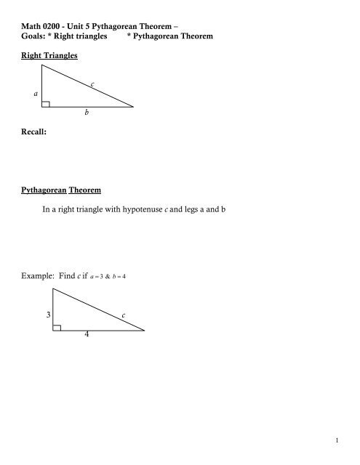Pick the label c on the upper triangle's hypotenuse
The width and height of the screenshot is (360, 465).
93,85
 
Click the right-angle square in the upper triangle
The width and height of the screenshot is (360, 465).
46,104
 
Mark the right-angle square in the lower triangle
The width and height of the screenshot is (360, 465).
57,327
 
